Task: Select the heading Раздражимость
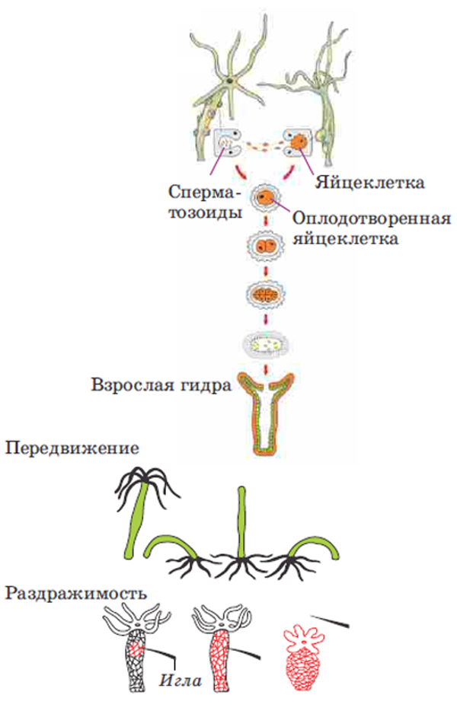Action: tap(75, 592)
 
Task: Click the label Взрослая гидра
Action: tap(160, 385)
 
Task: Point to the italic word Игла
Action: tap(181, 680)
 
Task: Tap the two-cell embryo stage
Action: tap(266, 247)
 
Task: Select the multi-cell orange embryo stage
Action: tap(266, 295)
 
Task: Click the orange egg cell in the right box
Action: tap(301, 142)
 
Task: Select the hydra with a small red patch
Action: tap(135, 655)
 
